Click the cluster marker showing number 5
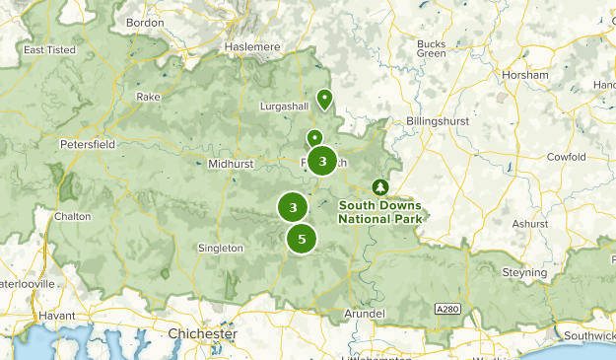[x=302, y=239]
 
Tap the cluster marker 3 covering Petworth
[x=322, y=161]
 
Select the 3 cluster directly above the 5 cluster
[x=293, y=207]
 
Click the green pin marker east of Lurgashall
[x=323, y=99]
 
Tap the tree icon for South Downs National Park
[x=379, y=186]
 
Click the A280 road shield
[x=447, y=310]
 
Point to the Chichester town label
[x=202, y=334]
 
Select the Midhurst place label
[x=232, y=164]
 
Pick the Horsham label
[x=523, y=75]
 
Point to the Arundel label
[x=363, y=314]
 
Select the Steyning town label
[x=522, y=272]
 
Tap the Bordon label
[x=145, y=23]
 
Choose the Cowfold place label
[x=567, y=157]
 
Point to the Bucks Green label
[x=432, y=49]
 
